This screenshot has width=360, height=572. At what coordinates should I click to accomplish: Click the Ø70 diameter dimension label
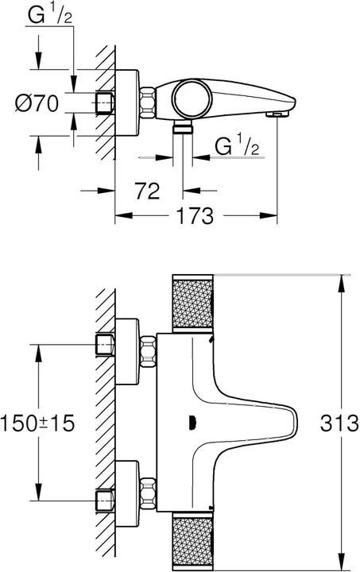[37, 104]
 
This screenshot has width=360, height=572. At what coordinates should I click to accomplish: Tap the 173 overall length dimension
[196, 214]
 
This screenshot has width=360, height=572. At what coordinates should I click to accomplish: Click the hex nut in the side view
[149, 103]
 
